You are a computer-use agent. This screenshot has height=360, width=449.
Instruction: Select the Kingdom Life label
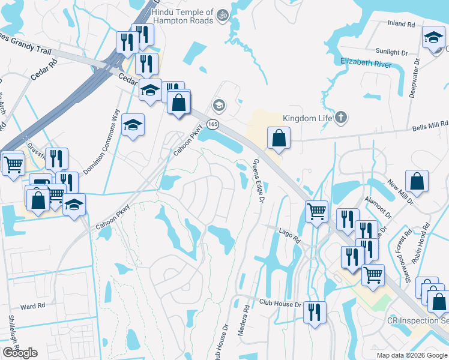(307, 118)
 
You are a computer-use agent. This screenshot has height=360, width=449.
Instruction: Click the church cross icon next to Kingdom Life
(341, 117)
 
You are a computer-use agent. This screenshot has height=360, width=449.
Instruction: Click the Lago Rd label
(290, 235)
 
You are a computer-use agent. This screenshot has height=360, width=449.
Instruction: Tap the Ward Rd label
(33, 306)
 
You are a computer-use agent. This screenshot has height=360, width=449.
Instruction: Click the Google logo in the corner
(20, 353)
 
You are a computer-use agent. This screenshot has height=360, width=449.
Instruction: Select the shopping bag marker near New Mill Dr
(417, 181)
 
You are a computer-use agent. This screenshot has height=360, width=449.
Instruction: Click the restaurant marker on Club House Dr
(315, 312)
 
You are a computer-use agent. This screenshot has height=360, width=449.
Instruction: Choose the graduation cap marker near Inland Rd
(433, 37)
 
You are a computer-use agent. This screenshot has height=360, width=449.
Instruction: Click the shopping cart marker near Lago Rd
(316, 211)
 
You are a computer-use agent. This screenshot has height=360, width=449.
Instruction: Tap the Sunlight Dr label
(392, 53)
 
